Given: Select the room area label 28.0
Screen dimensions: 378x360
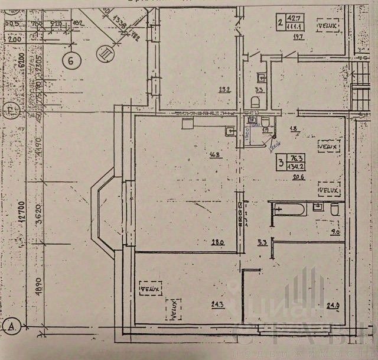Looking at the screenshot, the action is (x=219, y=242).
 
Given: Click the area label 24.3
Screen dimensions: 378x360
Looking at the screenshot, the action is (x=219, y=304).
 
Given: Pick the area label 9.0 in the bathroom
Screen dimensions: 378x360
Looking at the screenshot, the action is (x=335, y=232).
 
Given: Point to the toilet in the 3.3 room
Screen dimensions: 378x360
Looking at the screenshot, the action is (x=255, y=102).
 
